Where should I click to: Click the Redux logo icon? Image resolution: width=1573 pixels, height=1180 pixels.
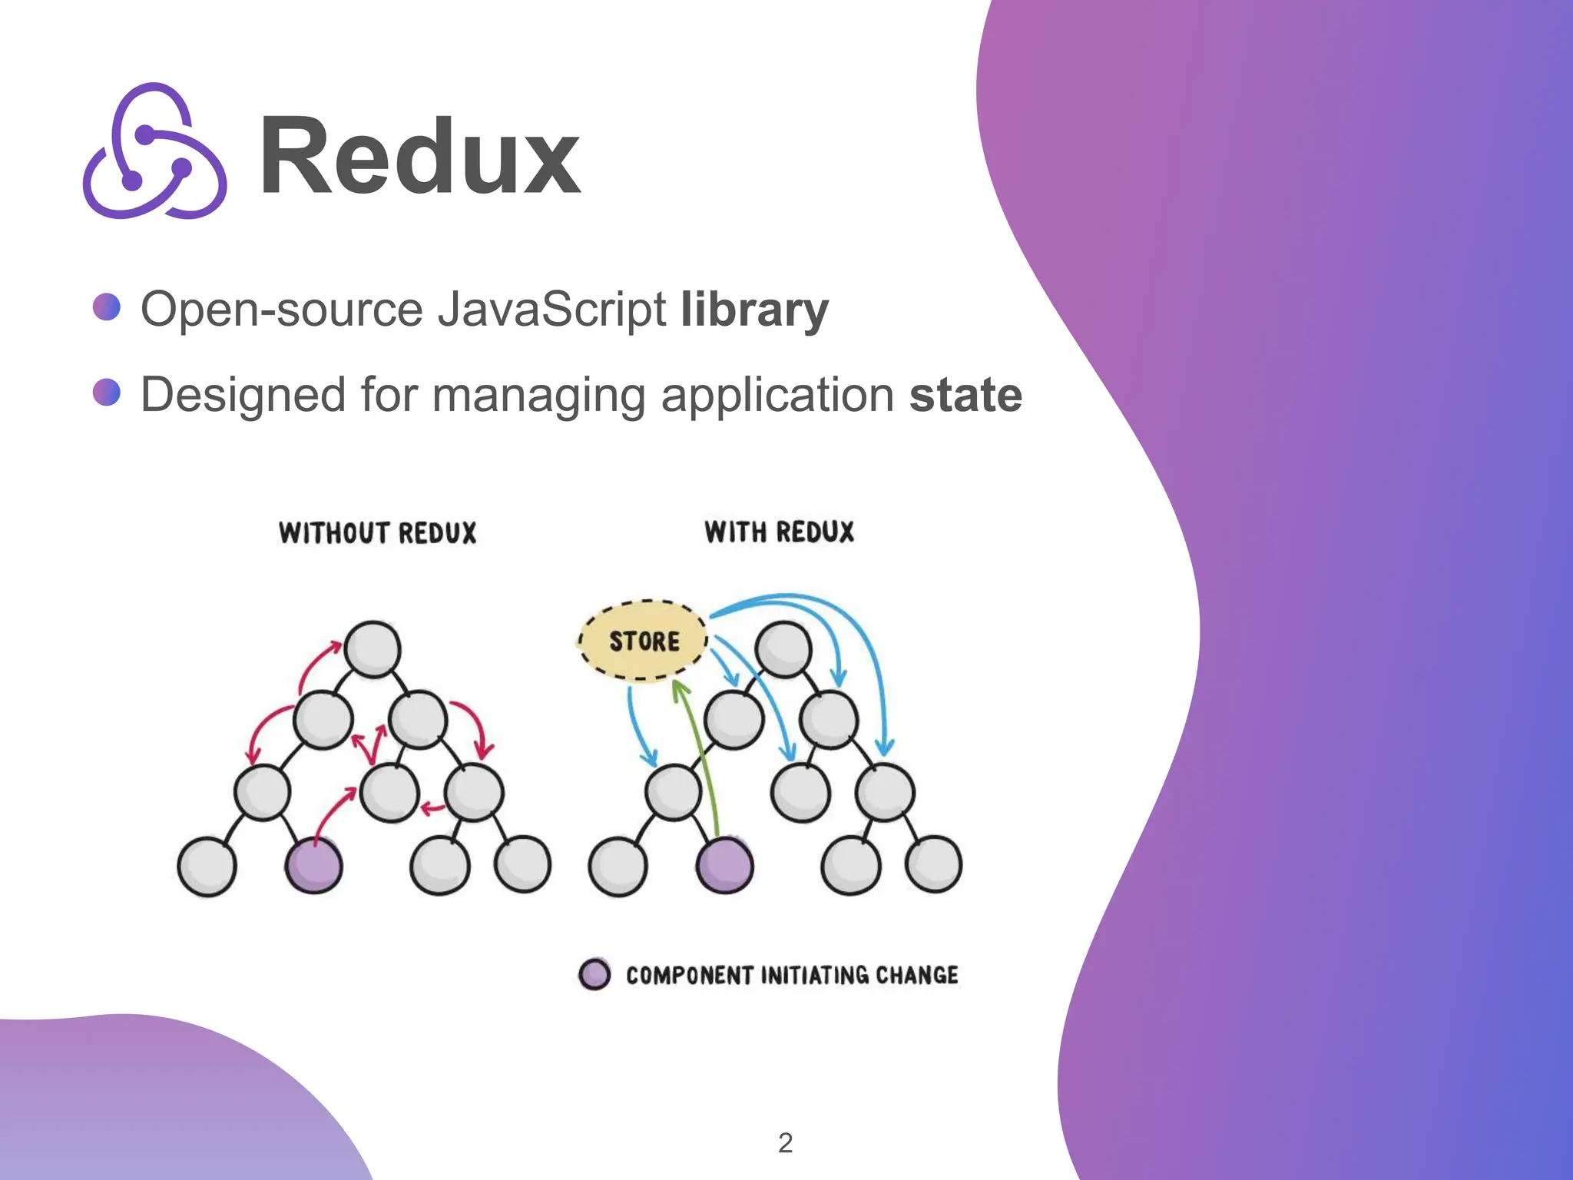point(154,151)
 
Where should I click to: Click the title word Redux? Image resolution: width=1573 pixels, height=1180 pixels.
point(419,157)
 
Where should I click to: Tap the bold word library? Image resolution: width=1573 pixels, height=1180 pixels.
point(754,310)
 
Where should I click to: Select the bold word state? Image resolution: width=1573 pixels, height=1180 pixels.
point(965,395)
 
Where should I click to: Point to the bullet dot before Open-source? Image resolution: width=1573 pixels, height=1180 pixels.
point(107,307)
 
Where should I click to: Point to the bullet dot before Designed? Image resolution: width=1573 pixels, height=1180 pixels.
point(107,392)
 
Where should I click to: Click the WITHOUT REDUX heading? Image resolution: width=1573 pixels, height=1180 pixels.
point(377,532)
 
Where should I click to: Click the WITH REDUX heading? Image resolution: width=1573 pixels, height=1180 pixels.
point(779,532)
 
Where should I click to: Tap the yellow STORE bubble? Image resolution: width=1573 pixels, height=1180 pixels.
point(644,641)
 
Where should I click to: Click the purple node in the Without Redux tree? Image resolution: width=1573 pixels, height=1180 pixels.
point(313,866)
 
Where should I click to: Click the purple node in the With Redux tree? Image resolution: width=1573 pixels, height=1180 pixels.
point(724,866)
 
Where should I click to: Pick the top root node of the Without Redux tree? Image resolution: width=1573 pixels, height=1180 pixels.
point(373,649)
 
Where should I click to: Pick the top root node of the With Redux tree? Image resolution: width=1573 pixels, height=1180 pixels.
point(783,649)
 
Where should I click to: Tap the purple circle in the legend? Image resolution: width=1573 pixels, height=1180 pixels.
point(594,974)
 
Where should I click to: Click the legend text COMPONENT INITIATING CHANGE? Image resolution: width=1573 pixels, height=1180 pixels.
point(792,975)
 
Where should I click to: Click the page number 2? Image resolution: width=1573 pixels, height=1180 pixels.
point(785,1143)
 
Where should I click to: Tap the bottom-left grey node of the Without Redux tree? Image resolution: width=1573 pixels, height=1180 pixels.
point(206,867)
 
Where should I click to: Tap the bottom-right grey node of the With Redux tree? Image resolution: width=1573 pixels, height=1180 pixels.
point(933,865)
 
